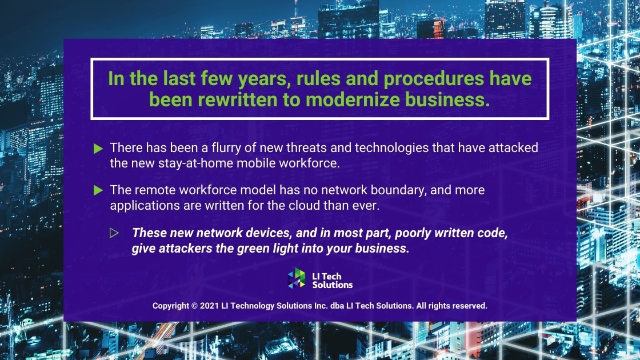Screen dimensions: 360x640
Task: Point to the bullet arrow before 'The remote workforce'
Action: point(98,190)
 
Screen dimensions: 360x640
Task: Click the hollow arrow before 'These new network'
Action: point(114,233)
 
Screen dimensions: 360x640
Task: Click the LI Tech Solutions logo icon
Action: point(297,278)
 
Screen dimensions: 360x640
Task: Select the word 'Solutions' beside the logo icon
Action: point(333,285)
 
